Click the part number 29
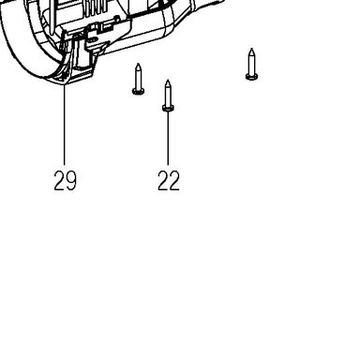[65, 181]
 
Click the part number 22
[169, 181]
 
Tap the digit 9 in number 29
[71, 181]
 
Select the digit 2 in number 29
[59, 181]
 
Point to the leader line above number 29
[65, 125]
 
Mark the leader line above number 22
[168, 138]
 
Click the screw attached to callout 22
[168, 96]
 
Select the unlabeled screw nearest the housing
[138, 79]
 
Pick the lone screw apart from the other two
[251, 65]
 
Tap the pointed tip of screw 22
[168, 81]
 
